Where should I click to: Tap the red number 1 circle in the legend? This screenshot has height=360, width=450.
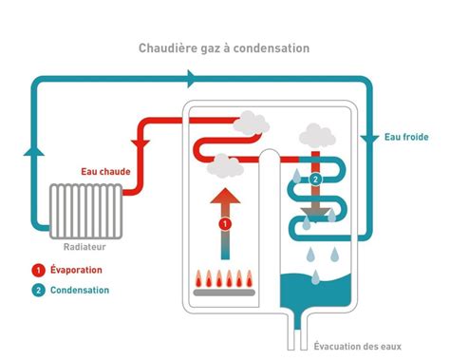(x=38, y=269)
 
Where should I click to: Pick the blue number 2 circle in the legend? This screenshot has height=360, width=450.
(x=38, y=290)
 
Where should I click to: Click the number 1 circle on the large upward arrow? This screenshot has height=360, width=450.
(x=225, y=224)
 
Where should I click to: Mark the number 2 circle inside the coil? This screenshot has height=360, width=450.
(x=315, y=179)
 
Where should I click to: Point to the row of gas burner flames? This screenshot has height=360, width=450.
(x=225, y=280)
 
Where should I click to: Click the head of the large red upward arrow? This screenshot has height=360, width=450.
(x=225, y=197)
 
